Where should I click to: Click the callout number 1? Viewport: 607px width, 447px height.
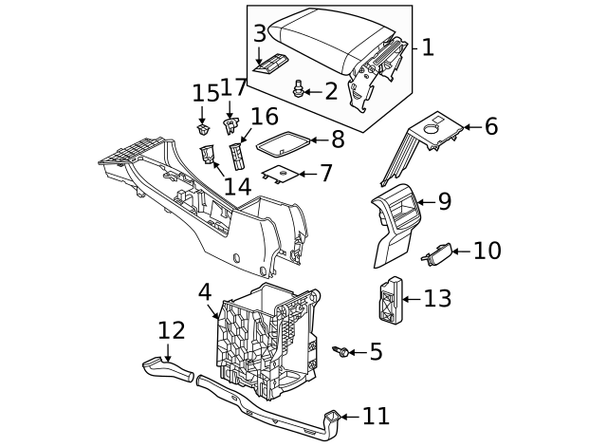428,47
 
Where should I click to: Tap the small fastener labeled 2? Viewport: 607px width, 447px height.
300,90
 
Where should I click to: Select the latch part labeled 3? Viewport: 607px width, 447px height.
270,64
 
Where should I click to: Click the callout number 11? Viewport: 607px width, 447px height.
376,416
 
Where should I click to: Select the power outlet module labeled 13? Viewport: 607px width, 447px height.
390,300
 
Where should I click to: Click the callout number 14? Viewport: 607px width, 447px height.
237,185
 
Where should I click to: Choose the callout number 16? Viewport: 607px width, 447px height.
264,117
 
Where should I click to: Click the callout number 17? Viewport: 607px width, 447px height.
233,88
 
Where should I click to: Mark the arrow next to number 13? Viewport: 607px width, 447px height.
411,299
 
